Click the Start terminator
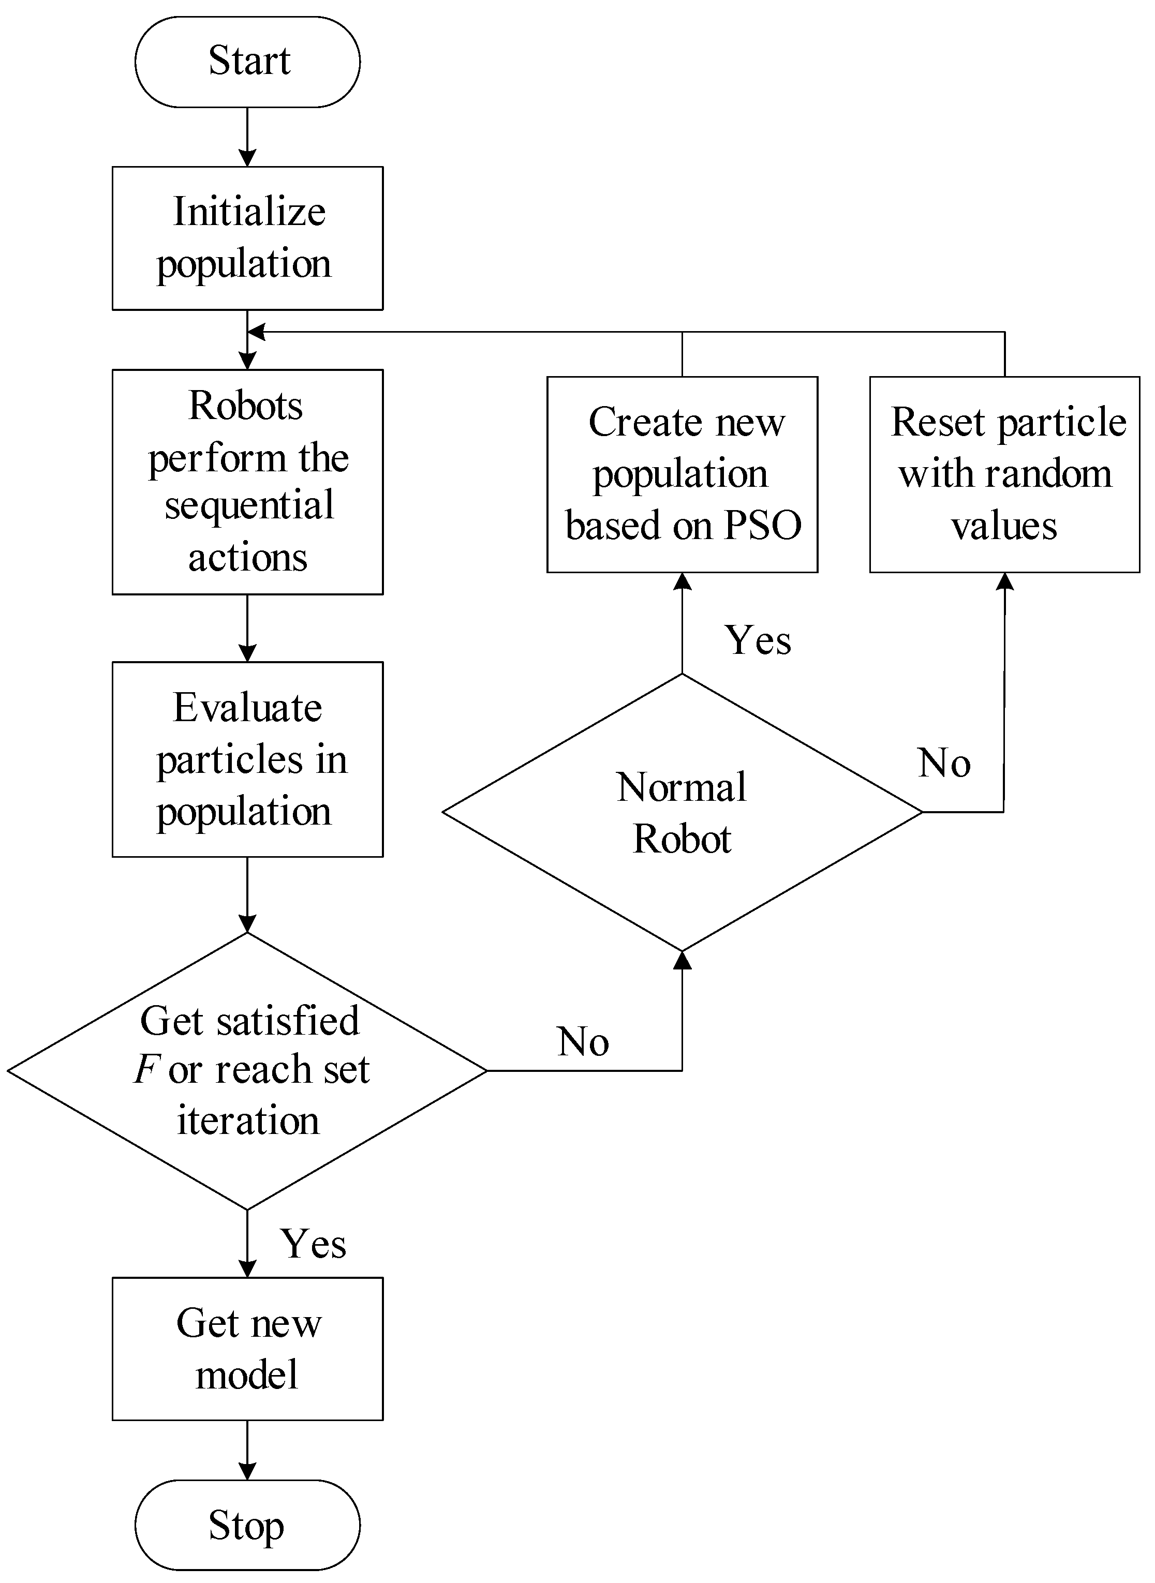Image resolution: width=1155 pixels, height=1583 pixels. click(x=247, y=62)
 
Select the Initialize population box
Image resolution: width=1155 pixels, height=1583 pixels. click(x=247, y=237)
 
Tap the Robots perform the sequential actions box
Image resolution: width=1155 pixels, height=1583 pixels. click(x=247, y=482)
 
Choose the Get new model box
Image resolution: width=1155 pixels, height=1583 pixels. click(x=247, y=1348)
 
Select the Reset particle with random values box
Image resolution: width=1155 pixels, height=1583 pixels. click(x=1005, y=474)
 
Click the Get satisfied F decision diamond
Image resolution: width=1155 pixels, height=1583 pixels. click(x=247, y=1071)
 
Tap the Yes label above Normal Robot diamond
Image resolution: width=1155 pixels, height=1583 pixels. click(x=758, y=640)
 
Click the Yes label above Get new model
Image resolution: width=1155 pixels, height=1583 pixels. click(x=313, y=1244)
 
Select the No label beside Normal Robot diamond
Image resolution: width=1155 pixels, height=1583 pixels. click(x=944, y=763)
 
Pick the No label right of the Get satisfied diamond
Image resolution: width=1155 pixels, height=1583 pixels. click(x=583, y=1041)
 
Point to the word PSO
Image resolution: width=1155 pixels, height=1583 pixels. click(x=762, y=526)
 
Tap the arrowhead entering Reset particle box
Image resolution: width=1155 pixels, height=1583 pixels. click(x=1005, y=581)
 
